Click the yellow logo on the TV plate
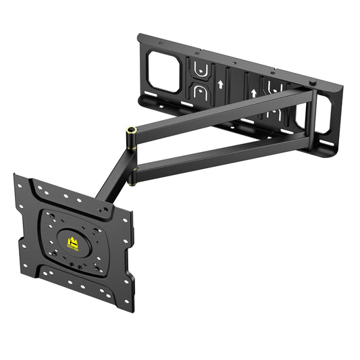click(x=72, y=243)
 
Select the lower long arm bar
click(x=223, y=153)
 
